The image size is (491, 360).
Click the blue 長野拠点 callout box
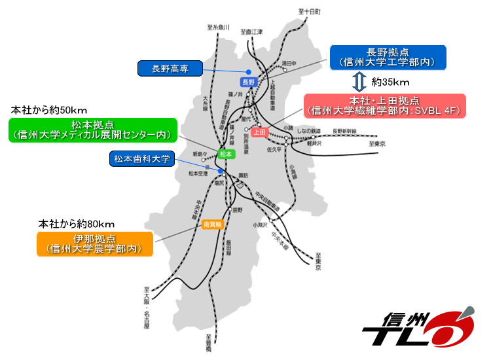pos(388,57)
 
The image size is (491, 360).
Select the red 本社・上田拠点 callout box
pos(384,106)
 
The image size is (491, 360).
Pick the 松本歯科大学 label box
pos(141,158)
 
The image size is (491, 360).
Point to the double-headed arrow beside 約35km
pos(358,82)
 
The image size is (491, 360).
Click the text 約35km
pos(390,82)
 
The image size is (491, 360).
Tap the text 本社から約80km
pos(68,223)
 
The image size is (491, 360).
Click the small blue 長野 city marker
pos(247,82)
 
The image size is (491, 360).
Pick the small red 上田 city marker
pos(259,132)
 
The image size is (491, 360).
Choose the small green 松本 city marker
pos(226,154)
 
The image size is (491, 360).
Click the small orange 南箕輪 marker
pos(213,223)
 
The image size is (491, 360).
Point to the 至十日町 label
pos(309,12)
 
